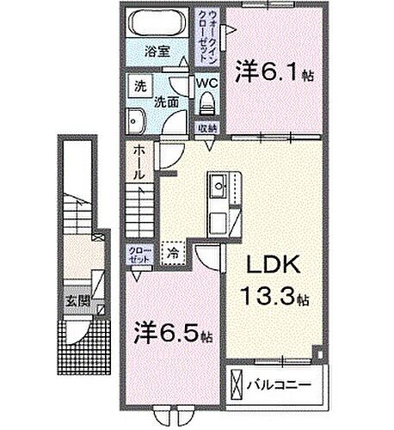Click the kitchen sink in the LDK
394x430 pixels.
pyautogui.click(x=218, y=183)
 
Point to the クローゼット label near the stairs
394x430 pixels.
pyautogui.click(x=139, y=255)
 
